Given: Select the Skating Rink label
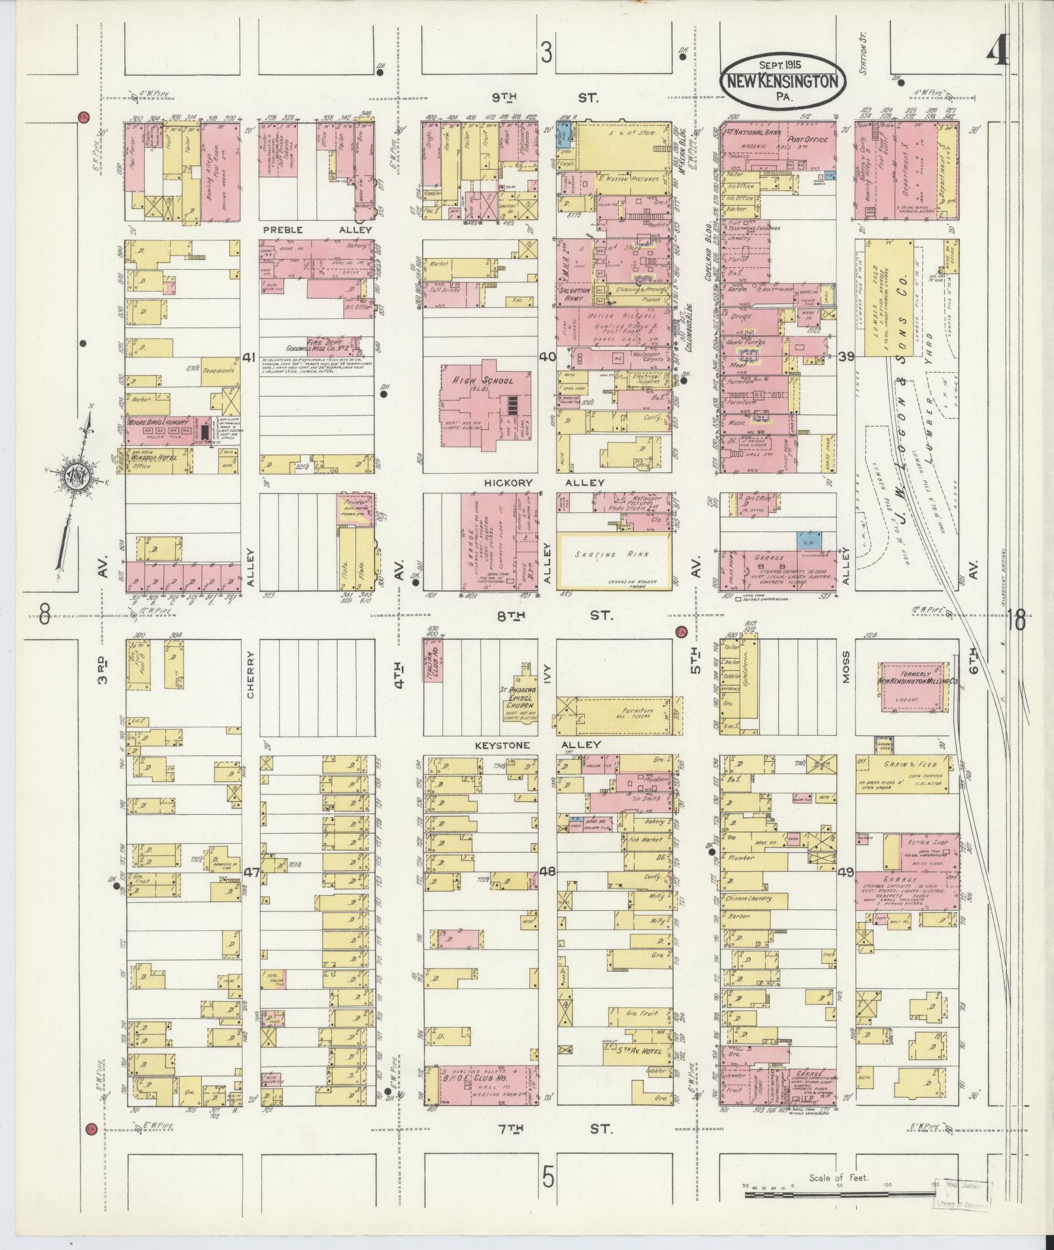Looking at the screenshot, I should [x=613, y=555].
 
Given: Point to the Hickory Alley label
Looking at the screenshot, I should [x=544, y=482].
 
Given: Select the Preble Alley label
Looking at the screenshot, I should [x=316, y=230].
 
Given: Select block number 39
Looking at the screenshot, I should [x=846, y=356].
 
